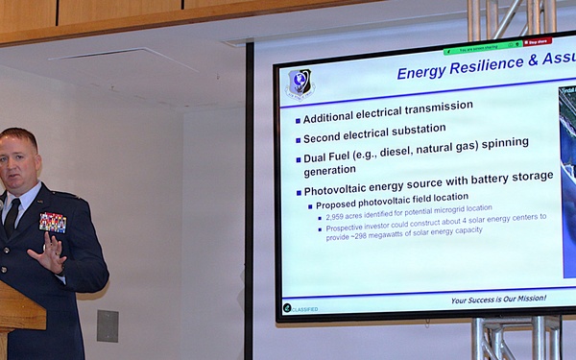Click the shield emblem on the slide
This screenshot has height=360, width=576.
[300, 83]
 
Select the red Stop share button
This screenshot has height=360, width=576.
[538, 42]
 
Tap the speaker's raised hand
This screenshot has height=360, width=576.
[50, 252]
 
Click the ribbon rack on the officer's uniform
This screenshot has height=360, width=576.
[53, 222]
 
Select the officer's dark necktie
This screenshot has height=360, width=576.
[12, 217]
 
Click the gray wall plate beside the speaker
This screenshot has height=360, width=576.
[108, 325]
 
